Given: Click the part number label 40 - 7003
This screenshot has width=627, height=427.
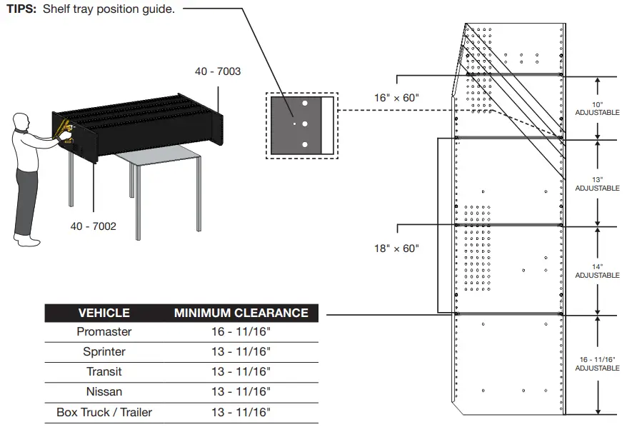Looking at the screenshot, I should pos(218,71).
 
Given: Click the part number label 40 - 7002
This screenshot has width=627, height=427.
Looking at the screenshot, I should pos(93,226).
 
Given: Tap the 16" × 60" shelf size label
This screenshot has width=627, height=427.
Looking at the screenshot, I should pos(396,98).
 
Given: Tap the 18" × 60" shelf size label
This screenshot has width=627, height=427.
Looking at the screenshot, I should pos(396,248).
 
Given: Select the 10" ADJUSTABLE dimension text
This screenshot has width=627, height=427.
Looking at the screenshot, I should pos(597,109).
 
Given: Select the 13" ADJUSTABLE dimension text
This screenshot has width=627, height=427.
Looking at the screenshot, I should pos(597,184).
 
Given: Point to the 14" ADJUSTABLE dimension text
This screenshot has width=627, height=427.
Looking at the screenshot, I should pos(597,271).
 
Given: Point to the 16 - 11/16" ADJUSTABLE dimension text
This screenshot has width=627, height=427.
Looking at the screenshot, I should pos(597,363).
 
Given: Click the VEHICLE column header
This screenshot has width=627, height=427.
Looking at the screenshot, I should pos(104,313).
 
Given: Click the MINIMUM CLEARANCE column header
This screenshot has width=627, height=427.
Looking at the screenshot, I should pos(241,313).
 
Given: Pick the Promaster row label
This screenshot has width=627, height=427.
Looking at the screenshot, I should pos(104,332).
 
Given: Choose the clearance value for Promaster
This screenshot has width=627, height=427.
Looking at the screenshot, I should pos(241,332).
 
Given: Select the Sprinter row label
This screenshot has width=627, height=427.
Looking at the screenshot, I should pos(104,352).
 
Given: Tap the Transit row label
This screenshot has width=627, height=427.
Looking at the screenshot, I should pos(104,371).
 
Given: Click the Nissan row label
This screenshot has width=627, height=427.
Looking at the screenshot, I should pos(104,391).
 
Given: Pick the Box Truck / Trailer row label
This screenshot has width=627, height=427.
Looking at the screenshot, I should pos(104,412).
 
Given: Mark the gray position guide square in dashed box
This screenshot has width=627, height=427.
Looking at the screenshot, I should pos(296,124).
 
